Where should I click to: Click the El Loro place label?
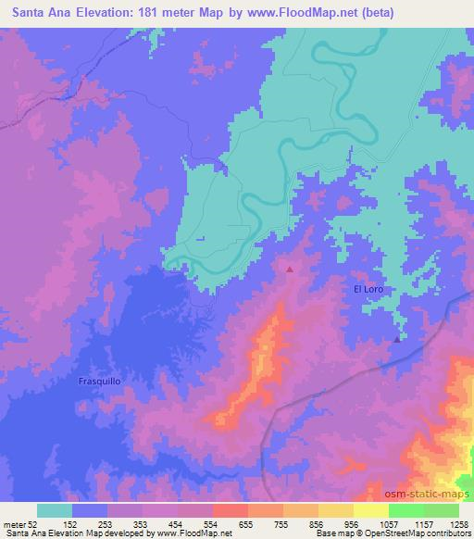pyautogui.click(x=367, y=290)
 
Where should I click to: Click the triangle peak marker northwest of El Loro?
pyautogui.click(x=290, y=270)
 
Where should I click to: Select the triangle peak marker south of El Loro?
pyautogui.click(x=397, y=339)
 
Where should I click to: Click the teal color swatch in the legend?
pyautogui.click(x=55, y=510)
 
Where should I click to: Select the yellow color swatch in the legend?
pyautogui.click(x=370, y=510)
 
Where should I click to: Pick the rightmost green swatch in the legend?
pyautogui.click(x=441, y=510)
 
